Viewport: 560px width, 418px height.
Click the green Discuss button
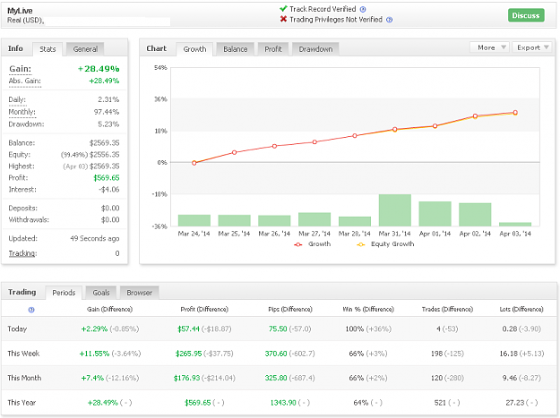pyautogui.click(x=526, y=15)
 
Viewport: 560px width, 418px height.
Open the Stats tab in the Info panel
pyautogui.click(x=47, y=49)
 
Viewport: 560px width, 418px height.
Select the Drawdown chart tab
pyautogui.click(x=315, y=49)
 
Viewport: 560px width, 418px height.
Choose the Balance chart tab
pyautogui.click(x=235, y=49)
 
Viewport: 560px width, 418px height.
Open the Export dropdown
pyautogui.click(x=532, y=47)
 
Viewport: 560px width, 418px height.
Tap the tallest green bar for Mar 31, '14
pyautogui.click(x=394, y=210)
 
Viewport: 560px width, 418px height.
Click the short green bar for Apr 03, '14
pyautogui.click(x=515, y=225)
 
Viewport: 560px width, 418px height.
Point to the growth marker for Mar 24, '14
pyautogui.click(x=194, y=163)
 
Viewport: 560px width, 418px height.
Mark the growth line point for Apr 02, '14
pyautogui.click(x=475, y=116)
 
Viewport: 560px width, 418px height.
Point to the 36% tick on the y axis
pyautogui.click(x=160, y=99)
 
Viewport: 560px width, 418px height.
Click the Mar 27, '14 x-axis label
pyautogui.click(x=314, y=234)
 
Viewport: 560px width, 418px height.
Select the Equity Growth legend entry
pyautogui.click(x=385, y=244)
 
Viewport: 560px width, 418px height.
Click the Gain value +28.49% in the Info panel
pyautogui.click(x=99, y=69)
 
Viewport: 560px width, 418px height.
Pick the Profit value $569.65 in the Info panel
pyautogui.click(x=107, y=177)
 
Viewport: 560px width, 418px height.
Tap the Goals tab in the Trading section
pyautogui.click(x=101, y=293)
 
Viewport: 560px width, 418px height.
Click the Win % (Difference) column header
pyautogui.click(x=368, y=309)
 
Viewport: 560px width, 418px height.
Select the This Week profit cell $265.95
pyautogui.click(x=188, y=354)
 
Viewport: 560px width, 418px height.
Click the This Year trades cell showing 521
pyautogui.click(x=440, y=403)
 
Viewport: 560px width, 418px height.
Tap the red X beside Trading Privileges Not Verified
pyautogui.click(x=283, y=19)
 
